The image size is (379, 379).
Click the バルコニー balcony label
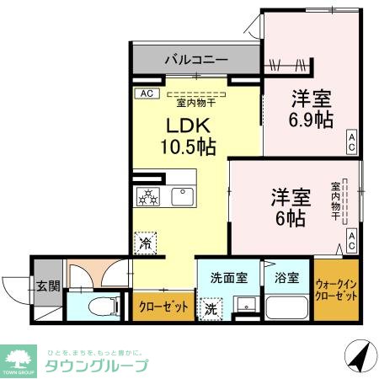pyautogui.click(x=196, y=61)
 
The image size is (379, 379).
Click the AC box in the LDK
pyautogui.click(x=145, y=93)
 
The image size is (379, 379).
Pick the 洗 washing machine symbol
pyautogui.click(x=211, y=309)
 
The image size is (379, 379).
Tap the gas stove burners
pyautogui.click(x=148, y=196)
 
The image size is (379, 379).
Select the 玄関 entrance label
pyautogui.click(x=48, y=286)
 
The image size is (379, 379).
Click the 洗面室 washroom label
pyautogui.click(x=227, y=275)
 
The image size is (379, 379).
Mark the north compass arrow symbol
pyautogui.click(x=358, y=360)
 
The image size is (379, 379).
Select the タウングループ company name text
pyautogui.click(x=95, y=366)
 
